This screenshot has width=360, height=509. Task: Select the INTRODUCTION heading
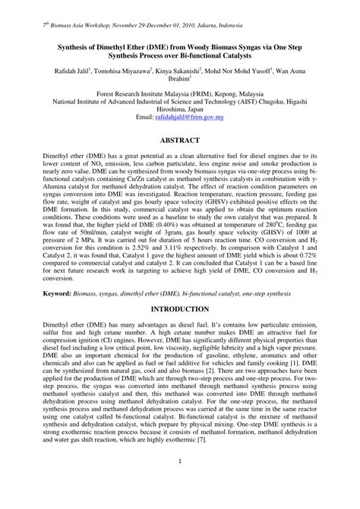pyautogui.click(x=179, y=330)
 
